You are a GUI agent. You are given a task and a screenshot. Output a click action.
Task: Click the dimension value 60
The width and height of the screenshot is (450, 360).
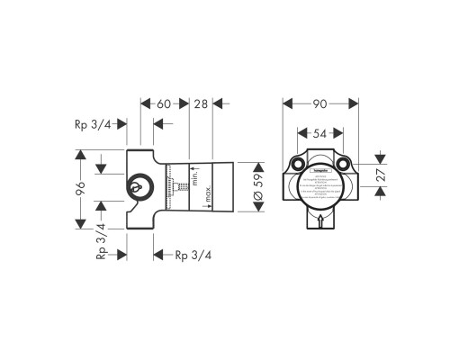pos(164,105)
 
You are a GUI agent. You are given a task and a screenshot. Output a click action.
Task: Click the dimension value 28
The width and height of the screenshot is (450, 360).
pos(201,105)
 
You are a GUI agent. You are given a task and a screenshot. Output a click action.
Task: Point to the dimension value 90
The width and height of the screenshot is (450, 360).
pos(320,105)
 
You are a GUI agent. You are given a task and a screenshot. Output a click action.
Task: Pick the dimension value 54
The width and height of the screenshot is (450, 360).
pos(319,133)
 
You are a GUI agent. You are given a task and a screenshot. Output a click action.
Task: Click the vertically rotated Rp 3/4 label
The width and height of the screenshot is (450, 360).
pos(102,241)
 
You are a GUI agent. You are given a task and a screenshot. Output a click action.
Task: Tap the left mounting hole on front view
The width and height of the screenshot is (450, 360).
pos(297,166)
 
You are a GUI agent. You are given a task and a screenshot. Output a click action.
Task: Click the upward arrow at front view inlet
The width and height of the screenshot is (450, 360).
pos(320,221)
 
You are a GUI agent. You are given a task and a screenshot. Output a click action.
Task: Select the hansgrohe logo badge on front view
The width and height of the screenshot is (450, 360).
pos(320,168)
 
